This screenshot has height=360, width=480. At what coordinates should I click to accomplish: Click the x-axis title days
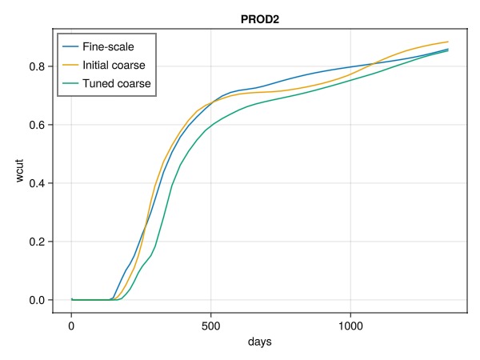(259, 342)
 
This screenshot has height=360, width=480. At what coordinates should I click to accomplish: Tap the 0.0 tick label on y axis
(35, 300)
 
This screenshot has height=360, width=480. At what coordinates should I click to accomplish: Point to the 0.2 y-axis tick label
(35, 242)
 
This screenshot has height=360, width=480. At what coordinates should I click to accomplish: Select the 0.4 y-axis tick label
(35, 183)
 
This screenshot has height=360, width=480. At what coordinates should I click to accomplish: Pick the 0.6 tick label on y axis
(35, 125)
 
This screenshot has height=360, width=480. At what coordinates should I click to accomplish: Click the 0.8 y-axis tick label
(35, 66)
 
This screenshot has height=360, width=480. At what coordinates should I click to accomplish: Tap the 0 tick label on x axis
(71, 326)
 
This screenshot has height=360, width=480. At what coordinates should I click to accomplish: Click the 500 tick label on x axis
(210, 326)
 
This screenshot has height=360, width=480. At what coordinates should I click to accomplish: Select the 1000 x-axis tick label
(350, 326)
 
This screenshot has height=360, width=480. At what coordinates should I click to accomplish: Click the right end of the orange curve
(448, 42)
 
